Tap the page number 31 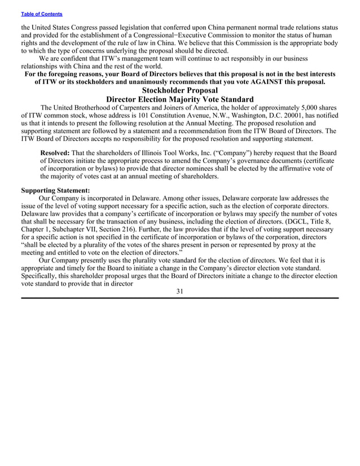pos(179,291)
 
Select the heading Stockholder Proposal pos(179,90)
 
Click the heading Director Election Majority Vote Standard pos(179,100)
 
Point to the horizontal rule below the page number pos(179,298)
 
